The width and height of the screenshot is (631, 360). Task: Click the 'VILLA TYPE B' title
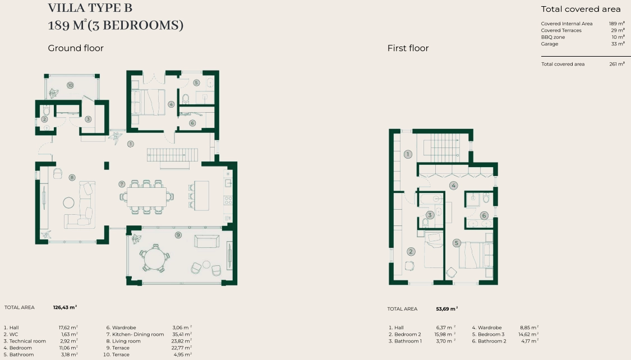click(90, 8)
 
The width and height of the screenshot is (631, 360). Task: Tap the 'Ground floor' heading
click(76, 48)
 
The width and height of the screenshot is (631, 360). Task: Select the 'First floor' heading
click(408, 48)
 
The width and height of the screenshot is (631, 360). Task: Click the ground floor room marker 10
click(71, 85)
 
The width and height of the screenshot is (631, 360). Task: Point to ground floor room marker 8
click(72, 177)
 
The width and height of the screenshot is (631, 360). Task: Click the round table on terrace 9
click(155, 256)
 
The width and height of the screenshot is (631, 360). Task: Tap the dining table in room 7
click(146, 197)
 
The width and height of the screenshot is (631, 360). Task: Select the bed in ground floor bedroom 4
click(149, 102)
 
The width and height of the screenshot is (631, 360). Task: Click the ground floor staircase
click(173, 155)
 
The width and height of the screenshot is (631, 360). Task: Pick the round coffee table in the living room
click(69, 203)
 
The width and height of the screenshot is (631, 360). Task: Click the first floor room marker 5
click(457, 243)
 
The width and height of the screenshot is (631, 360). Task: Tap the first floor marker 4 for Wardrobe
click(454, 186)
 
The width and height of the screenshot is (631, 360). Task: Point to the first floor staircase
click(443, 148)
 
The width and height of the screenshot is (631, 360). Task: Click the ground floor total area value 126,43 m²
click(65, 307)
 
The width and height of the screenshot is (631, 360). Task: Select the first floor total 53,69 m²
click(446, 309)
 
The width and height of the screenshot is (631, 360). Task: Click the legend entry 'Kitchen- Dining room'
click(135, 334)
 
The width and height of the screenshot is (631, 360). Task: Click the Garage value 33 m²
click(618, 44)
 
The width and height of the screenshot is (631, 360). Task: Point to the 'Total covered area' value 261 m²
click(617, 64)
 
